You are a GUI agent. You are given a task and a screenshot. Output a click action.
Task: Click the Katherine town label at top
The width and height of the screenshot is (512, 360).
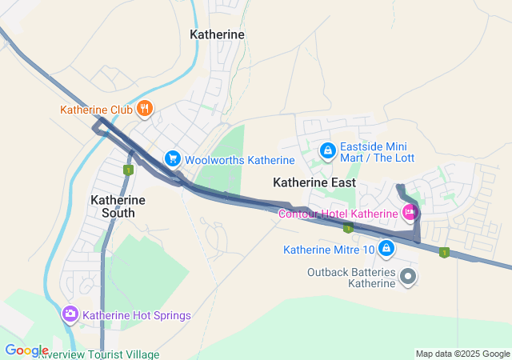[217, 34]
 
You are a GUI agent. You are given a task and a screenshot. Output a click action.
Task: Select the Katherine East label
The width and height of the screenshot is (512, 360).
[314, 182]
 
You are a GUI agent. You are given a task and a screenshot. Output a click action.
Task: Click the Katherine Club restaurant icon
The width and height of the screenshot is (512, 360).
[144, 110]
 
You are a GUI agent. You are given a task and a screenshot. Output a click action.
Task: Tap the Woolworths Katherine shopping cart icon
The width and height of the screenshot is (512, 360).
[171, 159]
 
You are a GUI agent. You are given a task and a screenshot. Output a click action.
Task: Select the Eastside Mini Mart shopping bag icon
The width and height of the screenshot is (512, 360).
[327, 150]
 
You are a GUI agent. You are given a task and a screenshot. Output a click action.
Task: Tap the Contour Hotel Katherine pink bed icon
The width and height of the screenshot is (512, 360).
[410, 212]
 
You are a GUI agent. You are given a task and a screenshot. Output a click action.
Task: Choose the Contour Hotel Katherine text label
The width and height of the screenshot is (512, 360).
[338, 214]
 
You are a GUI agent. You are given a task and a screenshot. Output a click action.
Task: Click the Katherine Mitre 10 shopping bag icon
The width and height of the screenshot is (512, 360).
[386, 249]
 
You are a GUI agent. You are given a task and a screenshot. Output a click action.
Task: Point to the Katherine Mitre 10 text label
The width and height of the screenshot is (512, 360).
[328, 250]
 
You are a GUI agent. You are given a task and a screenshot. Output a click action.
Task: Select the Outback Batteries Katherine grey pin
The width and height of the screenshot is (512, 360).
[409, 277]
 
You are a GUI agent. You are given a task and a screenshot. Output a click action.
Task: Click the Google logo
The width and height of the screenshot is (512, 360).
[26, 350]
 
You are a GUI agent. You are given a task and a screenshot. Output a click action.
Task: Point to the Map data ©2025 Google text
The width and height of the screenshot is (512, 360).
[462, 354]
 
